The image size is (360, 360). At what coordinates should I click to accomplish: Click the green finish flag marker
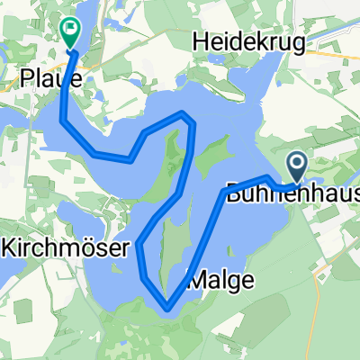pos(69,31)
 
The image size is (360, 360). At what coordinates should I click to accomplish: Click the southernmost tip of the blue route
pos(167,310)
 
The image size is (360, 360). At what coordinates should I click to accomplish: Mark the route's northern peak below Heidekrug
pos(184,113)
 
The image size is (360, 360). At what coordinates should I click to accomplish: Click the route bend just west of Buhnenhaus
pos(224,192)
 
